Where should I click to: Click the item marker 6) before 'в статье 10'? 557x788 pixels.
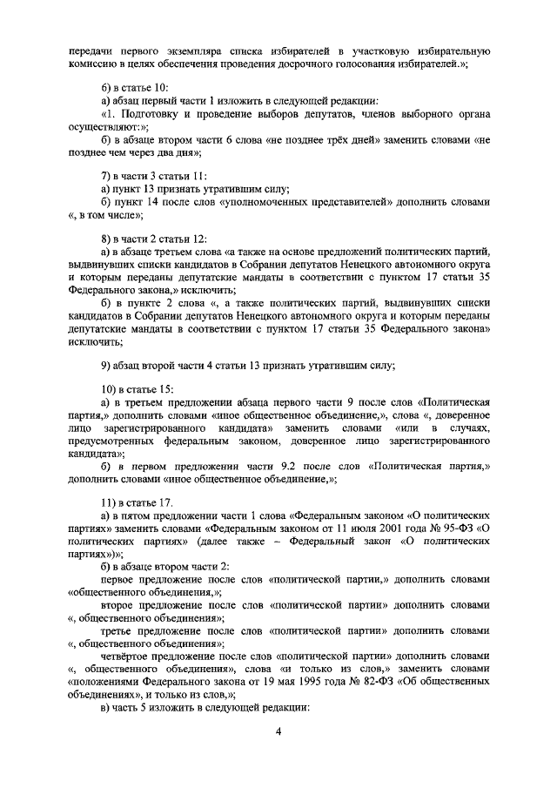(x=107, y=89)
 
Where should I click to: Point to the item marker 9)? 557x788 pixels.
(x=107, y=365)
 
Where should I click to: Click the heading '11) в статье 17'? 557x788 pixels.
(x=139, y=502)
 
